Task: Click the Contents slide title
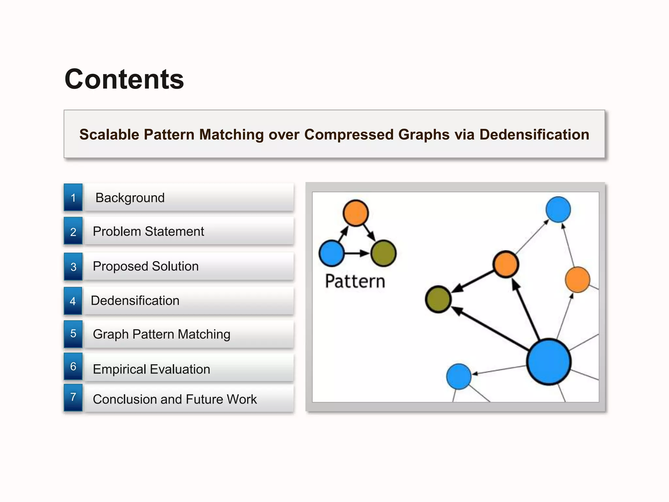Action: pos(124,79)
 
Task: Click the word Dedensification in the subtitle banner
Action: pos(534,135)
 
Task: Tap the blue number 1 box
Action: pos(73,198)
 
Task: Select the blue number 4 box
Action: pos(73,301)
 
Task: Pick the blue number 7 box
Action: pos(73,397)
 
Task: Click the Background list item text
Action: pos(130,198)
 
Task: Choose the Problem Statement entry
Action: pos(148,231)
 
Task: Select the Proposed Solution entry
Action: pos(146,266)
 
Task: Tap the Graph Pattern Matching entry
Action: pos(162,334)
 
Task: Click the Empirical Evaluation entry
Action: pos(152,369)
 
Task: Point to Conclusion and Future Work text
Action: pos(175,399)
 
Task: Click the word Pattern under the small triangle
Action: pos(355,281)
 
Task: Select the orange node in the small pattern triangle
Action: pos(356,213)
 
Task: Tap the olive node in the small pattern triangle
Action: pos(383,253)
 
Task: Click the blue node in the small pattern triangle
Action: pos(332,253)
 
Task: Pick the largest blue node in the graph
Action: pos(549,362)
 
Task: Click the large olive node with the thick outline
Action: pos(438,299)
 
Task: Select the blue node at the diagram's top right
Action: pos(558,209)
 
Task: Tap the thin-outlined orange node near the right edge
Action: pos(577,280)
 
